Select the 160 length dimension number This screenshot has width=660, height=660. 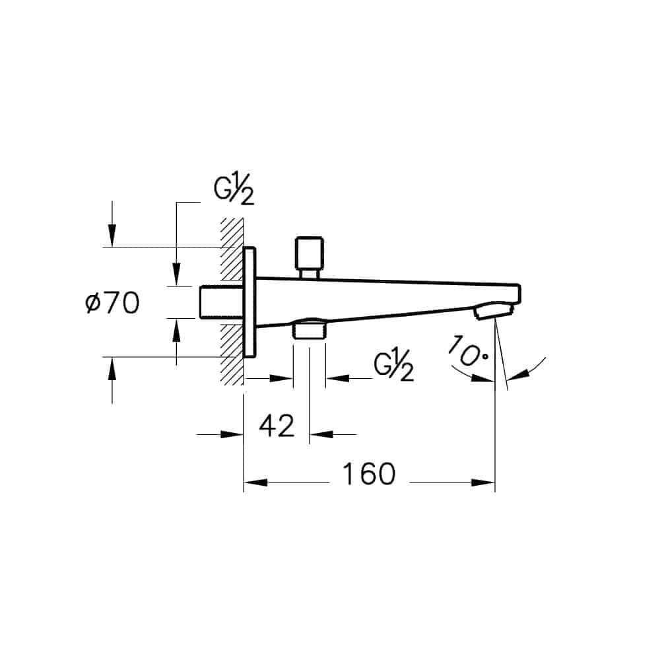coord(369,473)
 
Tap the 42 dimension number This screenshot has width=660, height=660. coord(276,426)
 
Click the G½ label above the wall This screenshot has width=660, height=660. coord(234,191)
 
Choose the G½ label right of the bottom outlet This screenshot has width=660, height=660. coord(393,368)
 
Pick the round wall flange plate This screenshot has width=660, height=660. coord(249,302)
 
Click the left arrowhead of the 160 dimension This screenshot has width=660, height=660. coord(255,482)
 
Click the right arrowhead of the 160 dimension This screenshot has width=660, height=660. coord(484,482)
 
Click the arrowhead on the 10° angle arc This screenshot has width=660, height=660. coord(517,375)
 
